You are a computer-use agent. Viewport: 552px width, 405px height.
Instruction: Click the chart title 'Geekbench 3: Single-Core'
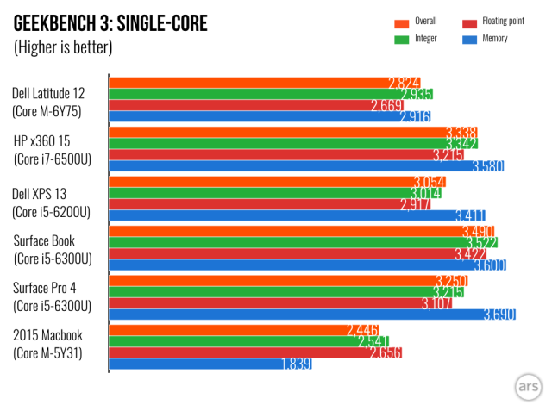coord(110,22)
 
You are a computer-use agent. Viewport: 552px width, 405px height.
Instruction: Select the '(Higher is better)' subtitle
coord(63,47)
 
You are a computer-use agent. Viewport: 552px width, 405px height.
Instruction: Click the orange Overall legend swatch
coord(400,22)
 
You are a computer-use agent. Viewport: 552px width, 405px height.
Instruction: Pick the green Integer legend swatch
coord(400,38)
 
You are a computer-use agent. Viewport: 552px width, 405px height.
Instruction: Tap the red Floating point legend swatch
coord(469,22)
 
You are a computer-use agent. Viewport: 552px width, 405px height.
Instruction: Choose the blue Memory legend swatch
coord(469,38)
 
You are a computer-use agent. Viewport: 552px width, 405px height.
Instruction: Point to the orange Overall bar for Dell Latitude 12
coord(250,83)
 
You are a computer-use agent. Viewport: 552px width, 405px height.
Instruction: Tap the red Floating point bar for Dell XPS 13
coord(259,204)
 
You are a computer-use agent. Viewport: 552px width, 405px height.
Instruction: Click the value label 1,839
coord(296,364)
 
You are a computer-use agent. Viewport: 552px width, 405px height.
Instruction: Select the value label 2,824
coord(404,83)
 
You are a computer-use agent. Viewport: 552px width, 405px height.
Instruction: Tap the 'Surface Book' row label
coord(50,240)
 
